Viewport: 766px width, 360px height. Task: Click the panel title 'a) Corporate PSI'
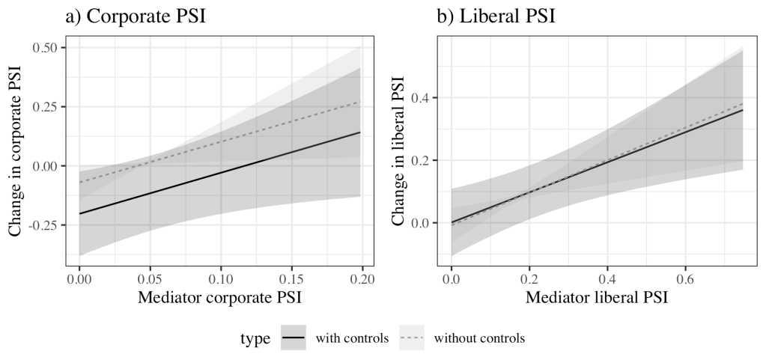135,16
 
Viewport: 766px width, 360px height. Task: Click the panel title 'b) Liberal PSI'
496,16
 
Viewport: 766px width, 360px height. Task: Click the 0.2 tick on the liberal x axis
529,278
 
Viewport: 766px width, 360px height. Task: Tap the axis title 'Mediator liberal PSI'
597,298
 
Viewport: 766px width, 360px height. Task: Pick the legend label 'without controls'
478,338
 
